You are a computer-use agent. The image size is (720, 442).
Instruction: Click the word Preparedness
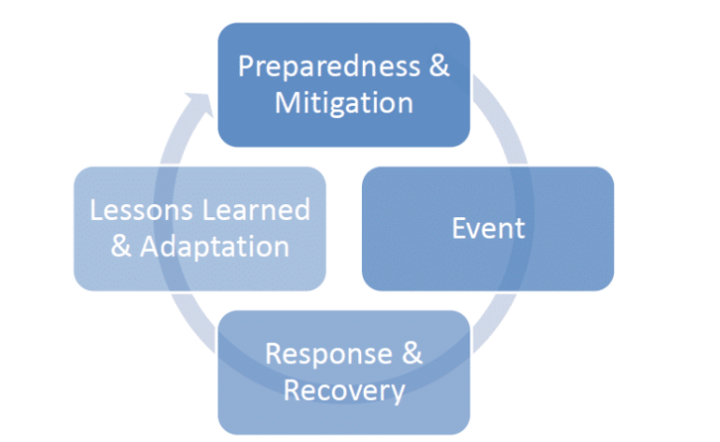[x=329, y=67]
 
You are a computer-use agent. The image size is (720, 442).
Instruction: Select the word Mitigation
[x=344, y=104]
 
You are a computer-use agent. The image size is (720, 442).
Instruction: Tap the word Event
[x=488, y=228]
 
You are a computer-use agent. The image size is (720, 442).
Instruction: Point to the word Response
[x=329, y=355]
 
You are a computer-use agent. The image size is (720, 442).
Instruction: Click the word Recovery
[x=344, y=390]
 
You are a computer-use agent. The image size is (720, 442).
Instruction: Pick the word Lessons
[x=141, y=210]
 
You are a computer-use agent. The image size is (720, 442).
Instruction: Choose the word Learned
[x=256, y=210]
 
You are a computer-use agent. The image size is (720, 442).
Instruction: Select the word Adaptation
[x=215, y=247]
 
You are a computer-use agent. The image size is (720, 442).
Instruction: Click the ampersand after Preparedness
[x=439, y=66]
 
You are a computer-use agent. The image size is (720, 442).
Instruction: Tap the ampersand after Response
[x=412, y=354]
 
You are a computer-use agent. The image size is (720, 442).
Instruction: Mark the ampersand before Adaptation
[x=121, y=245]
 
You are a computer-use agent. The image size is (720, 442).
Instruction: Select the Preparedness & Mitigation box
[x=344, y=85]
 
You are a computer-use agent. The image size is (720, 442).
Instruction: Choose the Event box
[x=487, y=228]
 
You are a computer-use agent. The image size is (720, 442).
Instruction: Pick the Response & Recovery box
[x=344, y=373]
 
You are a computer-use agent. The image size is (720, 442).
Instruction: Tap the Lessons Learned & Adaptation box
[x=200, y=228]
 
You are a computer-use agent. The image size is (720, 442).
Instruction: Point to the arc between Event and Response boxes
[x=497, y=322]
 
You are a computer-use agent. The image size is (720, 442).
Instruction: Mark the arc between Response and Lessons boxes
[x=193, y=322]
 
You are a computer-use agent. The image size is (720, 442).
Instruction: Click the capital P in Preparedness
[x=246, y=66]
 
